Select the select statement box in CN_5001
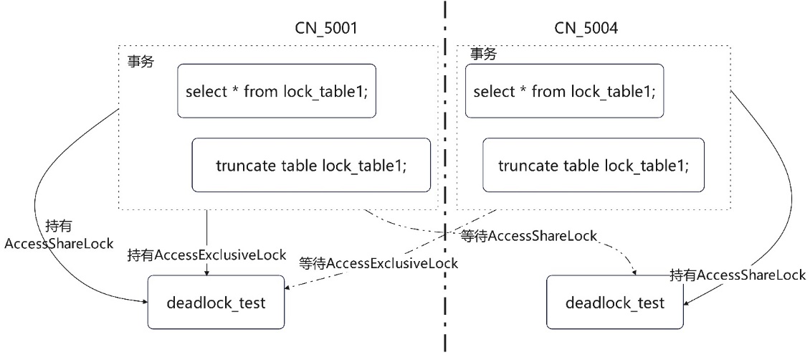coord(277,92)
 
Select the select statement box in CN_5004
coord(565,92)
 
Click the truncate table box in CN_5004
coord(594,166)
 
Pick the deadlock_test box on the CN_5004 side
coord(614,303)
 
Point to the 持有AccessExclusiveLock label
coord(207,255)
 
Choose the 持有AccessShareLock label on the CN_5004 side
coord(738,275)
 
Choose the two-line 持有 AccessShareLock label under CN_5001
coord(59,235)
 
